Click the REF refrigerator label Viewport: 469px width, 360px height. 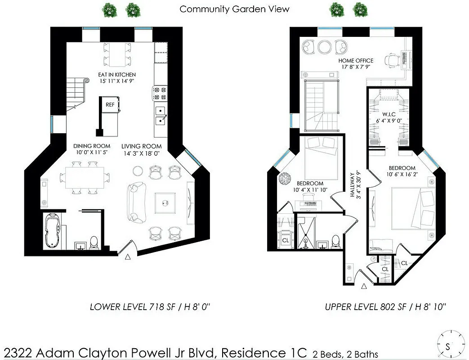[110, 104]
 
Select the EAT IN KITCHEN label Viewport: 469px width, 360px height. [117, 75]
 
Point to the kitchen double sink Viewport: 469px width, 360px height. [161, 115]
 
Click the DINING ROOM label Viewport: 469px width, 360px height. [92, 146]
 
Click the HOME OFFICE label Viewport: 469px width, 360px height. [356, 61]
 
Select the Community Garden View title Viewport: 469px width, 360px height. [234, 9]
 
